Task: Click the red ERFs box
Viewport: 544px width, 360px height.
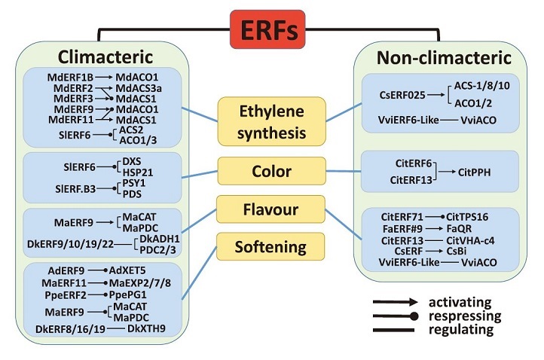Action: pos(267,29)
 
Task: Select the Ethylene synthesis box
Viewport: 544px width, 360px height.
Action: pos(272,121)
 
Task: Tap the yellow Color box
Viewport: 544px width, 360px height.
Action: pos(272,171)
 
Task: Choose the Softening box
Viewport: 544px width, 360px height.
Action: pos(270,246)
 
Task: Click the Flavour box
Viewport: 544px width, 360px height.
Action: pos(270,209)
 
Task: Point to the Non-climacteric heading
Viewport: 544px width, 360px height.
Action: pos(444,57)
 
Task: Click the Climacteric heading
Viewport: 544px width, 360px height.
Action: pos(105,56)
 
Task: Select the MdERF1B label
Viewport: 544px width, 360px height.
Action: pos(70,77)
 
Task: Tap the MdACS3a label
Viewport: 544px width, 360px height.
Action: pos(139,88)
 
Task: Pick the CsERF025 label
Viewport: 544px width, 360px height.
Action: pos(402,95)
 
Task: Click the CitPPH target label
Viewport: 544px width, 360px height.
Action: pos(474,172)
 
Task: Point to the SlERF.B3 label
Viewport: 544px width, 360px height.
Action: pos(75,189)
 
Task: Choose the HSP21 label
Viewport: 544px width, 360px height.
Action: pos(138,172)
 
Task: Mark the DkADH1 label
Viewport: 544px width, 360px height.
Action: pos(160,239)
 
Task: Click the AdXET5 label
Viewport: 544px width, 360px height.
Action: pos(127,270)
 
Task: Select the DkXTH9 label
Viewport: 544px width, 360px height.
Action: pos(146,328)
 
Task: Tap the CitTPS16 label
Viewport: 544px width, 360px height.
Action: pos(467,217)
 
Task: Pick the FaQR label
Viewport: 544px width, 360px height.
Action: pos(459,229)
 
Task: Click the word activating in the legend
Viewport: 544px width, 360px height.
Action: pos(460,303)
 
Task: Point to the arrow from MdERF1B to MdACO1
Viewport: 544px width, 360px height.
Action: pos(104,77)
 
